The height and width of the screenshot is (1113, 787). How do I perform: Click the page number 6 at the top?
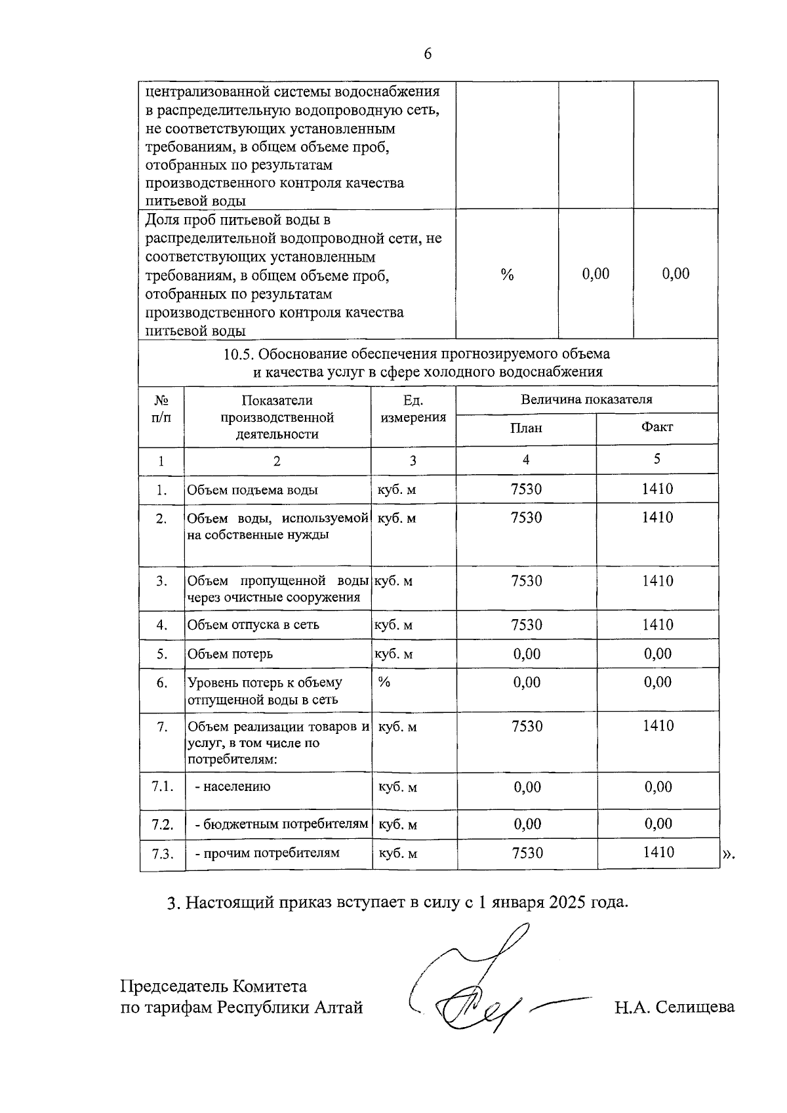(428, 54)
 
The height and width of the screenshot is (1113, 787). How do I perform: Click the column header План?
(527, 428)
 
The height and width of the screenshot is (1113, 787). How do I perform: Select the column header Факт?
(656, 427)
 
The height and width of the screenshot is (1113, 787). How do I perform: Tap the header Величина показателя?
(586, 399)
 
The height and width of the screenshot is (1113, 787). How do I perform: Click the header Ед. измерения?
(413, 409)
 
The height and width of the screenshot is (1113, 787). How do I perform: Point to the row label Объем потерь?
(230, 654)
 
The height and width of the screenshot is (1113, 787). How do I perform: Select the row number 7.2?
(162, 824)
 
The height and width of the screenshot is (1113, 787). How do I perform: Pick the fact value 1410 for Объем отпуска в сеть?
(657, 624)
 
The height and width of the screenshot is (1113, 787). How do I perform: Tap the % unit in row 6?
(384, 683)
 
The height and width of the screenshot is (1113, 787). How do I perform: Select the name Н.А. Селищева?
(674, 1007)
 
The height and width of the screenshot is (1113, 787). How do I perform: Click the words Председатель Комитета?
(214, 986)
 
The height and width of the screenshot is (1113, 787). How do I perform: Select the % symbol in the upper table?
(507, 274)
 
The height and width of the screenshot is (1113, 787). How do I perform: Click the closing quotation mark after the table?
(729, 854)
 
